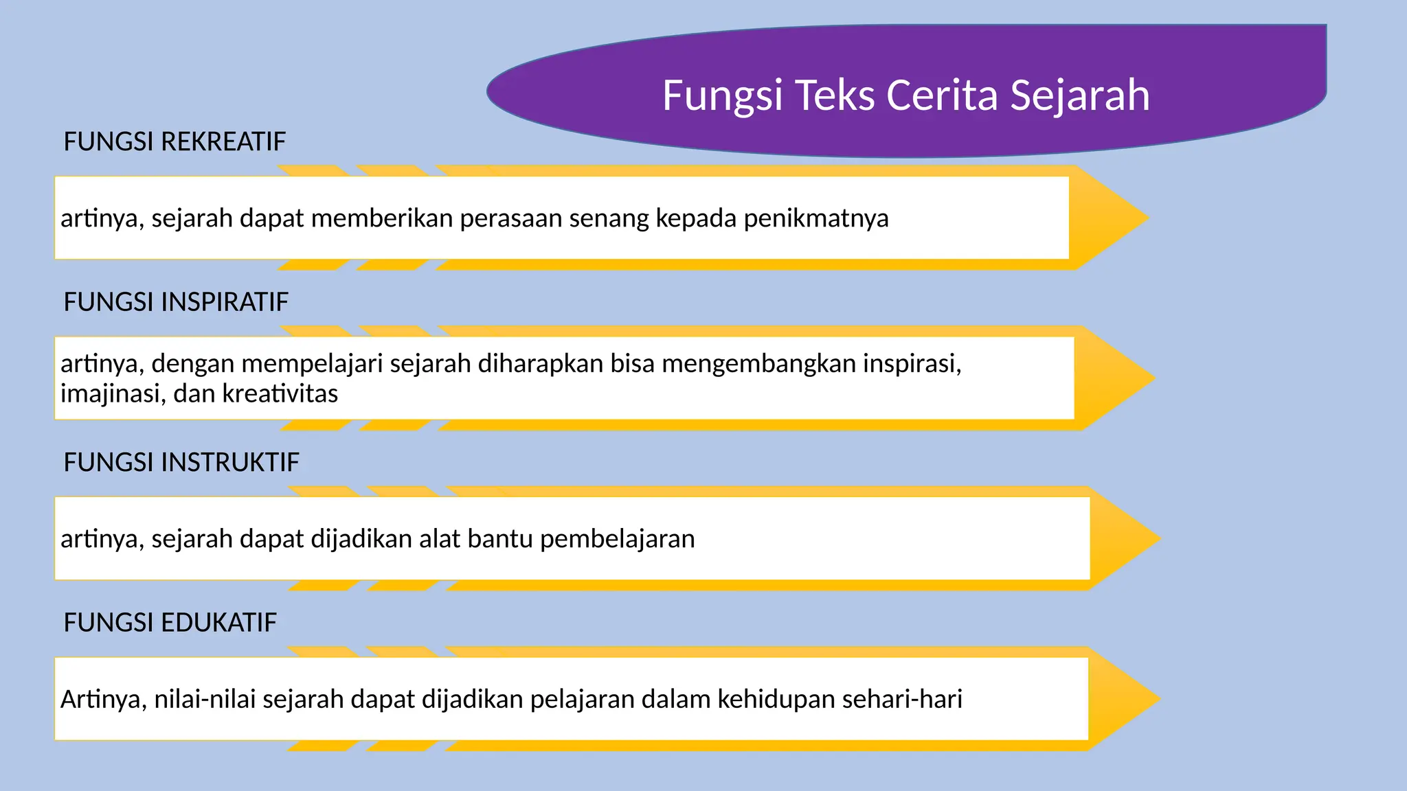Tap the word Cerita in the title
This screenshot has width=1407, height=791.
(942, 95)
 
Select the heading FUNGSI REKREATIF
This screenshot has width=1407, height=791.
(175, 141)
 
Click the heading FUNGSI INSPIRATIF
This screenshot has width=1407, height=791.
(176, 302)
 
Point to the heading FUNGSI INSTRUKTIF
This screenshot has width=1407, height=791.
(181, 462)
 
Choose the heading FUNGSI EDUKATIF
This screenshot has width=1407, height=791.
(170, 623)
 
